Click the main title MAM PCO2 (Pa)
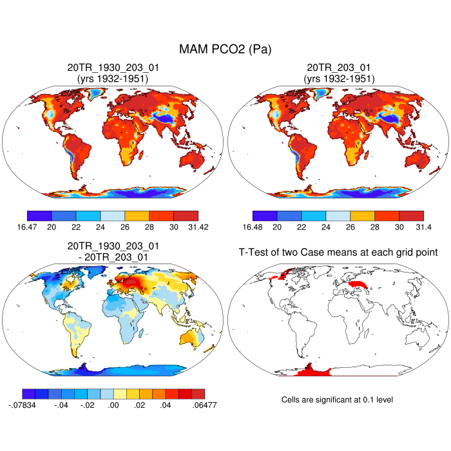coord(225,49)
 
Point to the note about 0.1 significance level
coord(337,400)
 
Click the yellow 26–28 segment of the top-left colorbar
coord(137,215)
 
